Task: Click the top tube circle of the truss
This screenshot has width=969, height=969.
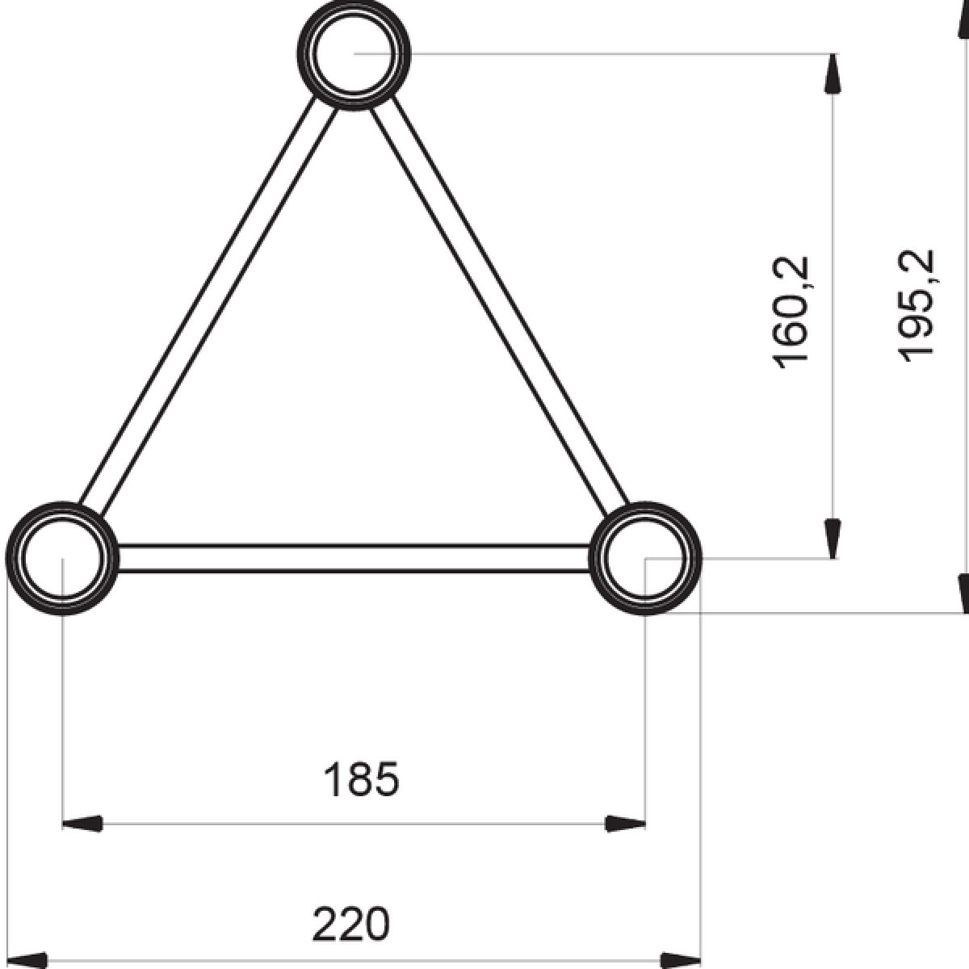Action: (x=354, y=54)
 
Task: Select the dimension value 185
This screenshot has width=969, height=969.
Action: (x=361, y=780)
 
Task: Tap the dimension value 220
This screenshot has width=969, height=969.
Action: (x=351, y=925)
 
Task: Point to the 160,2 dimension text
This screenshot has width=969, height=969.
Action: (x=791, y=312)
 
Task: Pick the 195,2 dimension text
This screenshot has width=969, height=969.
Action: (x=917, y=304)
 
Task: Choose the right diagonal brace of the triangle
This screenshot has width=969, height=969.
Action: (x=501, y=307)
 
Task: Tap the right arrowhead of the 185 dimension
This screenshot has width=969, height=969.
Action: (x=627, y=824)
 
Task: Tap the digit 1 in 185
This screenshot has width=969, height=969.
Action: (x=332, y=780)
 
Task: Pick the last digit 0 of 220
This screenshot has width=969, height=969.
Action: (x=376, y=925)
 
